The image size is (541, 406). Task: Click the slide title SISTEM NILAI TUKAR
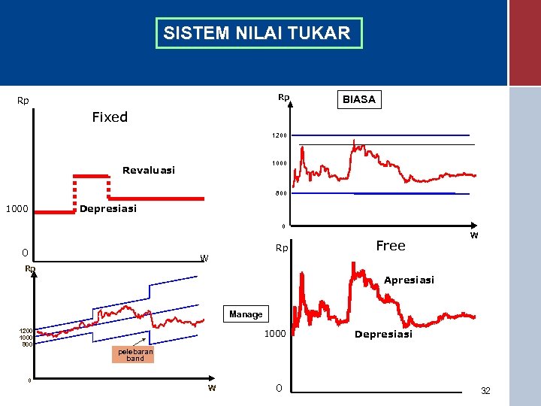(258, 33)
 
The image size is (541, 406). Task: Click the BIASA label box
(358, 99)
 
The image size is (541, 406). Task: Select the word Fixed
(110, 117)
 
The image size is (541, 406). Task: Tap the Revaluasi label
(149, 171)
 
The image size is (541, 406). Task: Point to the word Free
(390, 246)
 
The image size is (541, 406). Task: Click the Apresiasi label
(409, 280)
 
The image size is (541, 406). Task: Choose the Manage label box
(246, 314)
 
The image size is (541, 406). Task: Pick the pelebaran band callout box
(135, 354)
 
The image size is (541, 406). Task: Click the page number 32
(485, 391)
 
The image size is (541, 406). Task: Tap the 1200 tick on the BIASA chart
(279, 136)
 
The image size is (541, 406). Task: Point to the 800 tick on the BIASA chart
(280, 193)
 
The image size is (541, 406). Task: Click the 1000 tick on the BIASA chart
(279, 163)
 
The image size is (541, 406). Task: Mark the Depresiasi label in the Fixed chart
(108, 209)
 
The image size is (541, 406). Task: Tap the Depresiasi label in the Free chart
(383, 335)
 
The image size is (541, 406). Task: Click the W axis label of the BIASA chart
(474, 235)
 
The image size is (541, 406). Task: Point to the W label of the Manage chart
(212, 388)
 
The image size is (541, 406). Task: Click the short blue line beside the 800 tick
(404, 193)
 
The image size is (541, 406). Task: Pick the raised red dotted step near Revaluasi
(91, 175)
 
